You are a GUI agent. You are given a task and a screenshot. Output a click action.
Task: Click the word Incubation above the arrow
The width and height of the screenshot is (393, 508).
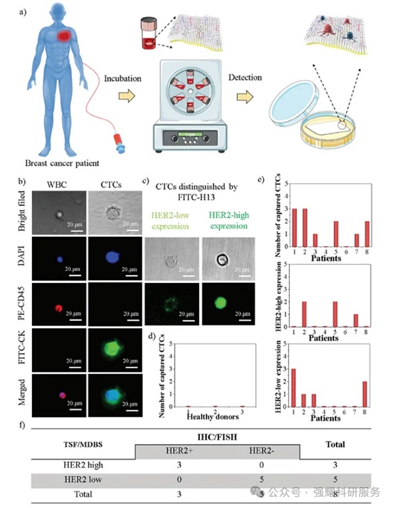click(122, 79)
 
